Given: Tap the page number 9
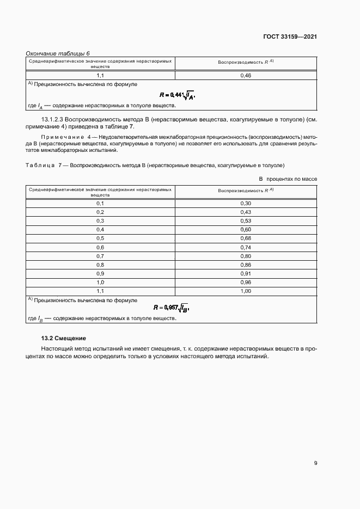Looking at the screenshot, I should click(x=315, y=463).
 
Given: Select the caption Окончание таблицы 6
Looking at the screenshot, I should click(x=58, y=53).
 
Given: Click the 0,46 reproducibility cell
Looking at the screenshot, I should click(x=245, y=76).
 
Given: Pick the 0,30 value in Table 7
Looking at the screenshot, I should click(x=245, y=203).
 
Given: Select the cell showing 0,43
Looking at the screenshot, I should click(x=245, y=212).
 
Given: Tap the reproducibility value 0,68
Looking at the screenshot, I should click(x=245, y=238).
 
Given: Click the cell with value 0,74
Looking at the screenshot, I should click(x=245, y=247).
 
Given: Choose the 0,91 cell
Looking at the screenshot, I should click(x=245, y=274).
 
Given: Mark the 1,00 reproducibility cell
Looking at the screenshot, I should click(x=245, y=291).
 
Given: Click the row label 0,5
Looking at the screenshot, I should click(x=100, y=238).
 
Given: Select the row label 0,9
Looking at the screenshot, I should click(x=100, y=274).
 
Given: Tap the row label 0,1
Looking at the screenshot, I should click(x=100, y=203).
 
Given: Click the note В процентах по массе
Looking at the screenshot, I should click(x=288, y=179).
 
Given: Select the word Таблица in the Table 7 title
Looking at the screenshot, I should click(x=40, y=165).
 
